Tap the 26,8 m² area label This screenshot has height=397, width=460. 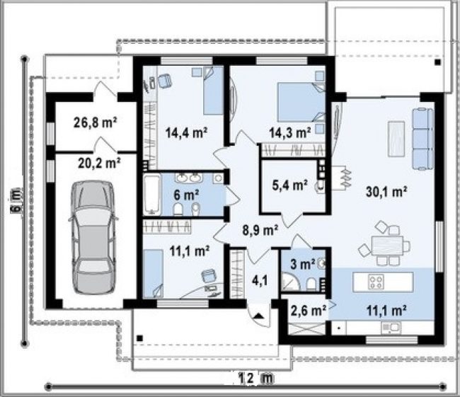coord(96,122)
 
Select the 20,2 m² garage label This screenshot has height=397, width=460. coord(100,163)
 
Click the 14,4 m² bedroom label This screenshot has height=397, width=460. coord(187,132)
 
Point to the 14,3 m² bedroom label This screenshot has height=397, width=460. coord(290,132)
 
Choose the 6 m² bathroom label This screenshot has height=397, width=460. coord(187,195)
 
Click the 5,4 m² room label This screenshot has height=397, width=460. coord(290,185)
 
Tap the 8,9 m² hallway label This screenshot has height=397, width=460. coord(260,230)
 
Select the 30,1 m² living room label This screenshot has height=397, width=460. coord(386,192)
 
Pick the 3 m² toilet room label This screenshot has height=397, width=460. coord(302,264)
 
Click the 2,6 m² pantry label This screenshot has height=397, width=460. coord(309,310)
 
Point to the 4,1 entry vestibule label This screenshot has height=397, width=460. coord(260,281)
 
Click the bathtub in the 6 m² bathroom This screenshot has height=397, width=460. coord(152,194)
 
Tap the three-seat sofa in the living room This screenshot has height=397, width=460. coord(422,139)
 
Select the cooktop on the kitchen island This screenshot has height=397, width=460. coord(376,282)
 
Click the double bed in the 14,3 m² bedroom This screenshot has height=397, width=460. coord(301,102)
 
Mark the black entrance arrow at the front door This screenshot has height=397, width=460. coord(258,316)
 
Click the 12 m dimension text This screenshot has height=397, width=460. coord(255,378)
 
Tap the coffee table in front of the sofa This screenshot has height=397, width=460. coord(396,139)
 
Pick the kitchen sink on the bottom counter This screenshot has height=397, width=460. coord(391,327)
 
